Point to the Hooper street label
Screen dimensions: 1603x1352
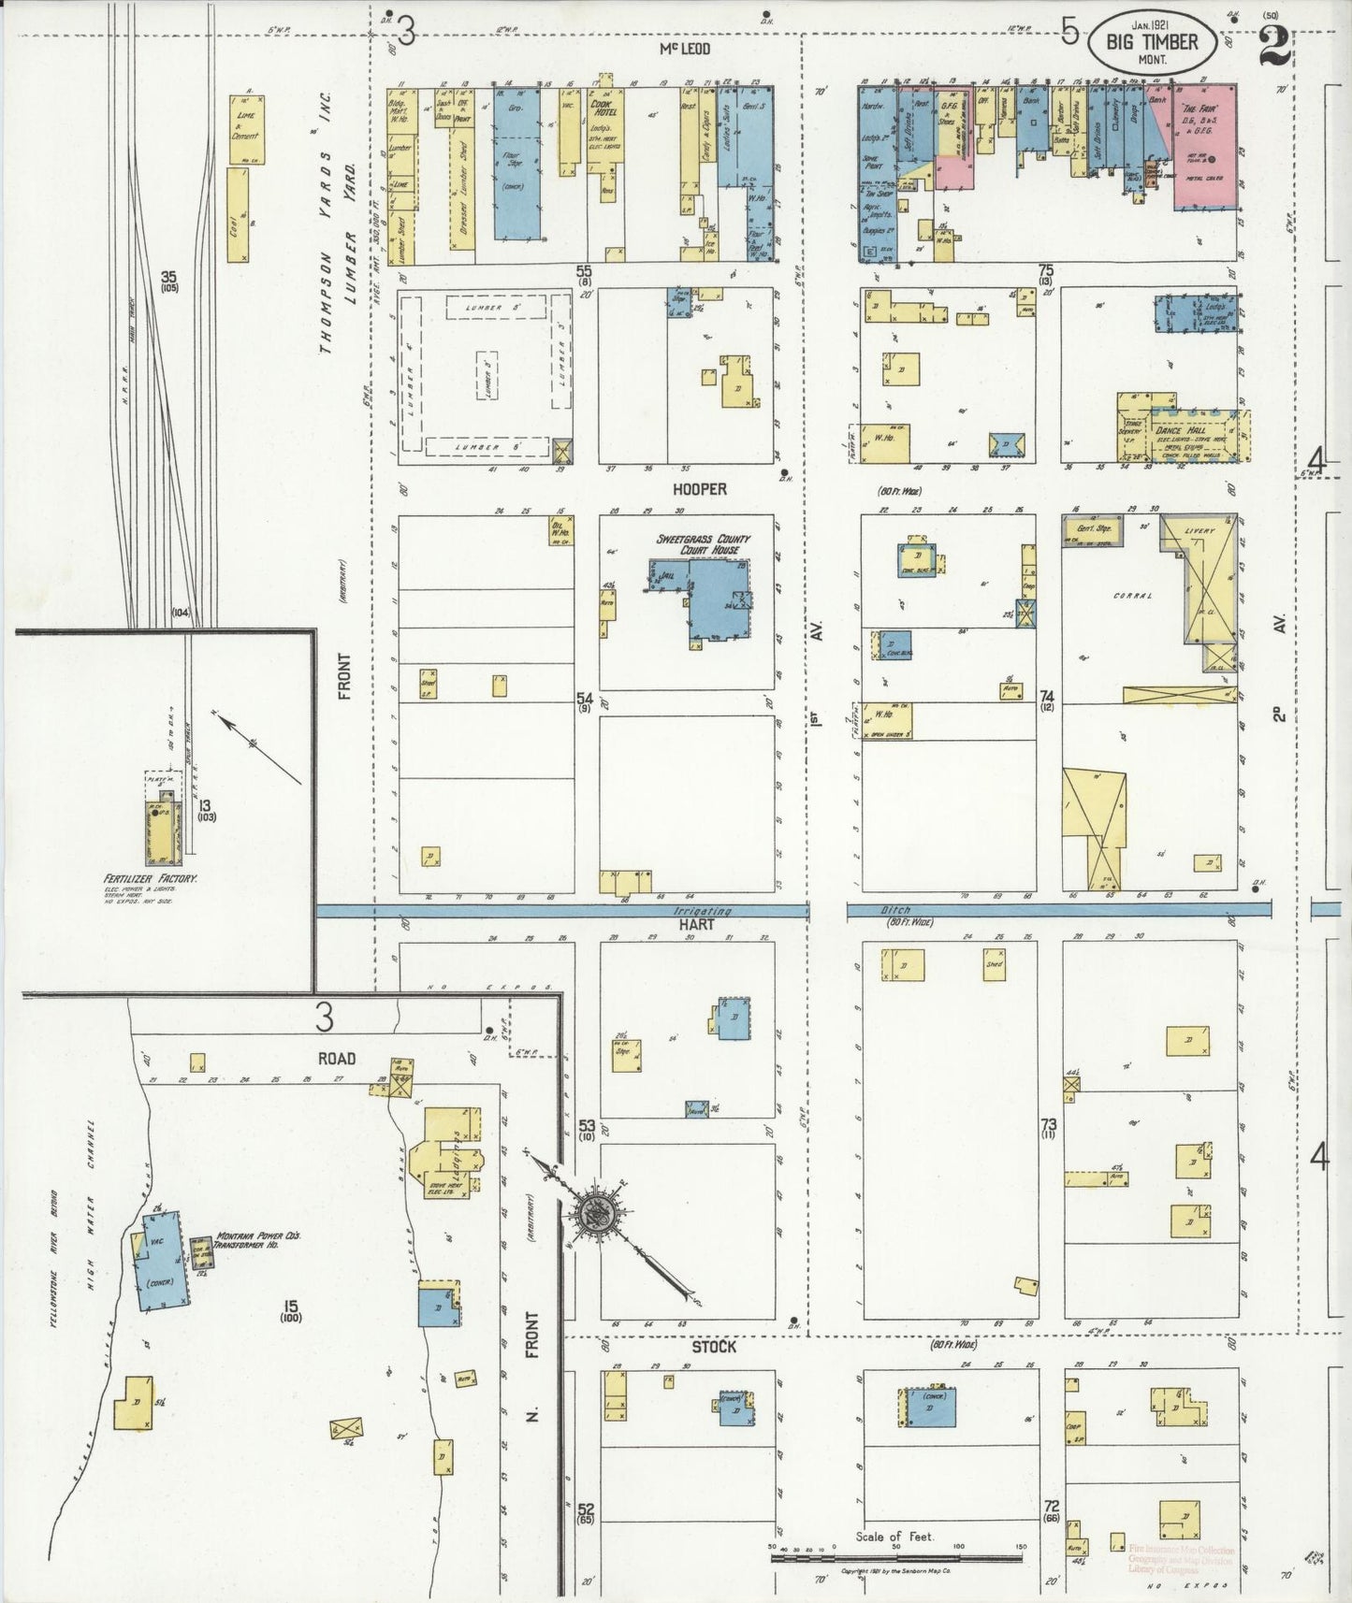point(699,489)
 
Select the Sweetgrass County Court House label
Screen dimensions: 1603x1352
point(703,544)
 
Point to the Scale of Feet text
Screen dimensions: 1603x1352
point(894,1537)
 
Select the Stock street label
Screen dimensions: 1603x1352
point(714,1346)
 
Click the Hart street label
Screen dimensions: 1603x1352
point(697,924)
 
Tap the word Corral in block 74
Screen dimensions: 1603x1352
point(1133,596)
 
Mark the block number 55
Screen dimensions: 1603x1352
point(584,270)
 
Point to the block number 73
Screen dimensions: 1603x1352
point(1047,1124)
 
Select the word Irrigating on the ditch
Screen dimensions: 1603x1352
point(703,911)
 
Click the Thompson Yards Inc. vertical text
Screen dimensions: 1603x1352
point(327,253)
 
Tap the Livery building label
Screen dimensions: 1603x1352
point(1199,531)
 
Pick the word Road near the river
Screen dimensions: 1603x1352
point(336,1058)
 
